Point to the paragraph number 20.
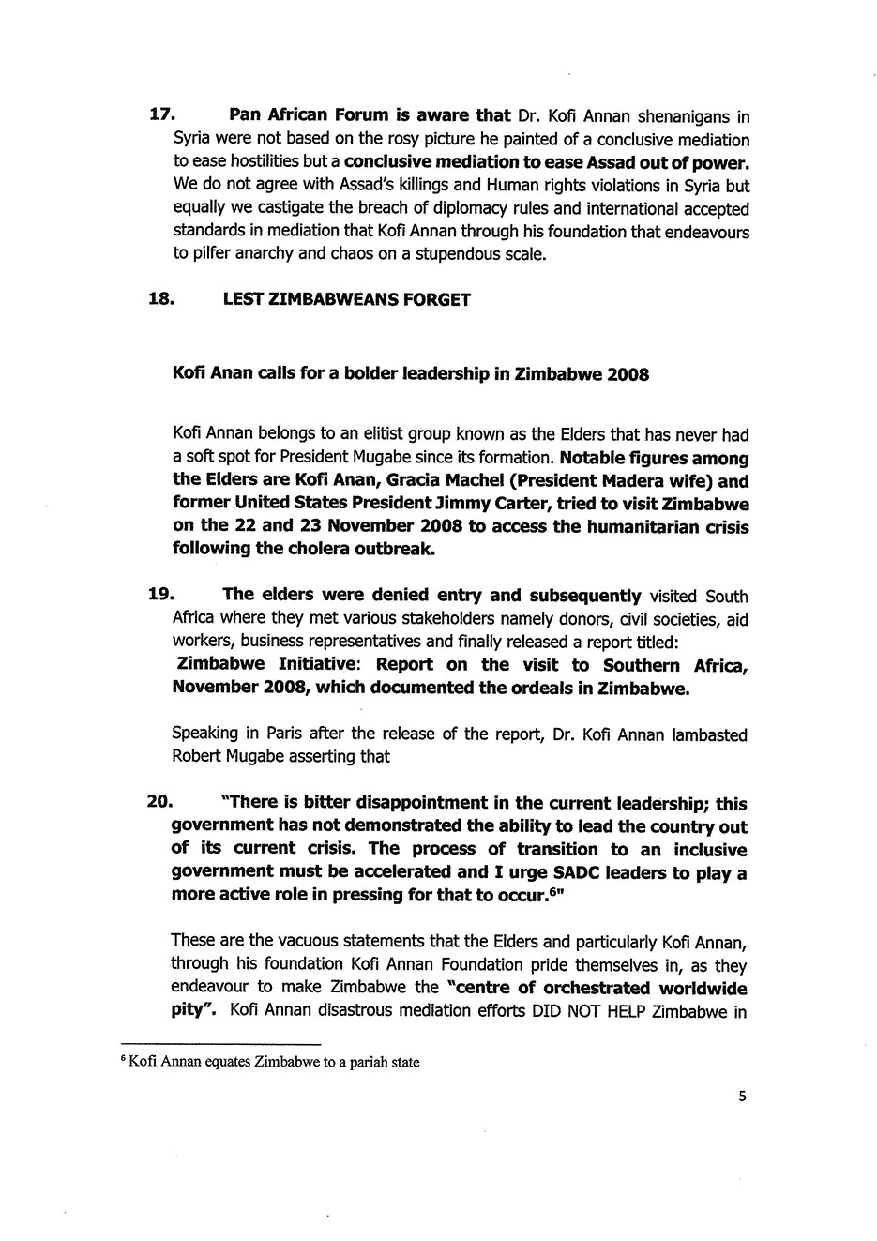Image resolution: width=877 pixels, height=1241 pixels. tap(162, 803)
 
